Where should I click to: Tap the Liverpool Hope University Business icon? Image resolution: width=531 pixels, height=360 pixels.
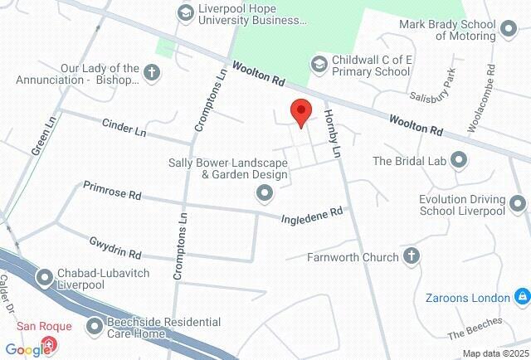pos(186,12)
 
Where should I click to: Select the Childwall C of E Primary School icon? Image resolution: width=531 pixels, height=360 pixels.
pos(319,63)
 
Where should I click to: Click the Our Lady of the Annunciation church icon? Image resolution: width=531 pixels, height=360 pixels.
pos(152,73)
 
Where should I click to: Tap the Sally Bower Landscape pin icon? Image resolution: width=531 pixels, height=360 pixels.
pos(265,194)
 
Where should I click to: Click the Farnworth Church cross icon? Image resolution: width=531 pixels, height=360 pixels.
pos(411,257)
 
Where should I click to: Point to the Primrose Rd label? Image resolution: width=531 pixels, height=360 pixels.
pos(112,193)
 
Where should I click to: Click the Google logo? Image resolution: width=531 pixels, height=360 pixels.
pos(27,349)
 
